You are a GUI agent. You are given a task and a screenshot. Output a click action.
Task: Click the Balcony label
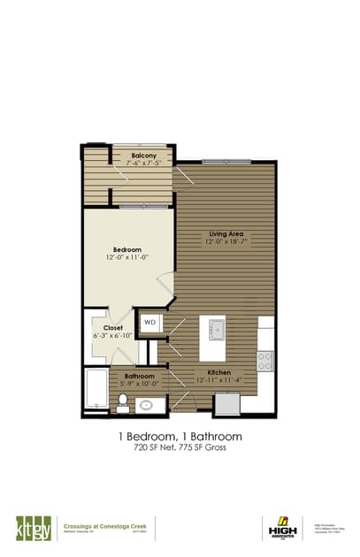[144, 156]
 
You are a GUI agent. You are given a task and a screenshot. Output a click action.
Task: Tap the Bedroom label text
[127, 250]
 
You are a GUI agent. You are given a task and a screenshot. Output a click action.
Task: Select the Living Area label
[226, 233]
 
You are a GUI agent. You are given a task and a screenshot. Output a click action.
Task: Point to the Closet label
[113, 328]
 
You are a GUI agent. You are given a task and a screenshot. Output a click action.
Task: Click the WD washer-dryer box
[150, 324]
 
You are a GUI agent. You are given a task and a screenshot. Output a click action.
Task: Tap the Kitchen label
[219, 373]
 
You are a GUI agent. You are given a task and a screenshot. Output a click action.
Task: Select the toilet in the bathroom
[123, 402]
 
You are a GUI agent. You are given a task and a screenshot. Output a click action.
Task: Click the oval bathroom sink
[147, 405]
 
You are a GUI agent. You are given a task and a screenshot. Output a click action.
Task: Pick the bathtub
[96, 390]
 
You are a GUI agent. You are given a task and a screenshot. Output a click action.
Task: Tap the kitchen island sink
[215, 330]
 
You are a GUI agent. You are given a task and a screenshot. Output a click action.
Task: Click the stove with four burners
[264, 360]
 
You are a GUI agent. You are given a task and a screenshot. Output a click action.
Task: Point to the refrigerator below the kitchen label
[227, 402]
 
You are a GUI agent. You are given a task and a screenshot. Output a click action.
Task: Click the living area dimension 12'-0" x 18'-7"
[226, 241]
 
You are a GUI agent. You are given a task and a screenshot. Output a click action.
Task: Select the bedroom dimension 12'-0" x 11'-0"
[127, 258]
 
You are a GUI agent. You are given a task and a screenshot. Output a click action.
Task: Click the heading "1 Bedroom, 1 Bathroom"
[180, 437]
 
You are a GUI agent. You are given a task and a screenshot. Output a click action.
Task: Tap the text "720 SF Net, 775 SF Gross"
[180, 450]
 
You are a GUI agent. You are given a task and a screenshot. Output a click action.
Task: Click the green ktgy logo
[30, 528]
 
